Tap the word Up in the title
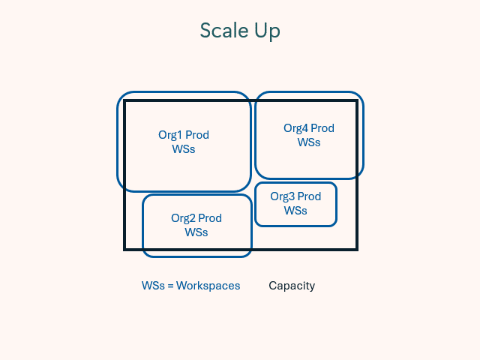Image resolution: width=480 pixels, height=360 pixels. click(268, 31)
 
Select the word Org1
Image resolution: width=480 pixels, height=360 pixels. click(170, 136)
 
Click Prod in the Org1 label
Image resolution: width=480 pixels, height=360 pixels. click(197, 136)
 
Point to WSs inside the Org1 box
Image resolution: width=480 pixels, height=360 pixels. click(184, 149)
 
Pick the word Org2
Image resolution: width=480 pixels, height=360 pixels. click(184, 218)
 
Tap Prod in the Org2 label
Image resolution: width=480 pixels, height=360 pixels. click(210, 218)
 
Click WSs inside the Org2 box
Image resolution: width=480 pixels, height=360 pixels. click(196, 232)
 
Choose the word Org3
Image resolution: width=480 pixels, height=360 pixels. click(283, 196)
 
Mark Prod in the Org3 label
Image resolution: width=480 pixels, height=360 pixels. click(309, 196)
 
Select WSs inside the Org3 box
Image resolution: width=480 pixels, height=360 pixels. click(295, 210)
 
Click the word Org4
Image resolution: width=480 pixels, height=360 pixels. click(295, 128)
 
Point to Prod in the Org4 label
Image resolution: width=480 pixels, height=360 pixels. click(322, 128)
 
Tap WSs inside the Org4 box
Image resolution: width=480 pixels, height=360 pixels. click(309, 142)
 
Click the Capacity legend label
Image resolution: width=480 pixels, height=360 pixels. click(292, 286)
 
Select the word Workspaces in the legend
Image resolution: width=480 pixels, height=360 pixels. click(208, 286)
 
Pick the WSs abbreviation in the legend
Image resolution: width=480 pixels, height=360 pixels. click(152, 286)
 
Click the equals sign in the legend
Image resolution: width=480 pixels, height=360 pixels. click(170, 286)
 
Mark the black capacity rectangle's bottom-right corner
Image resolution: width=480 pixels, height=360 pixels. click(356, 249)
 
